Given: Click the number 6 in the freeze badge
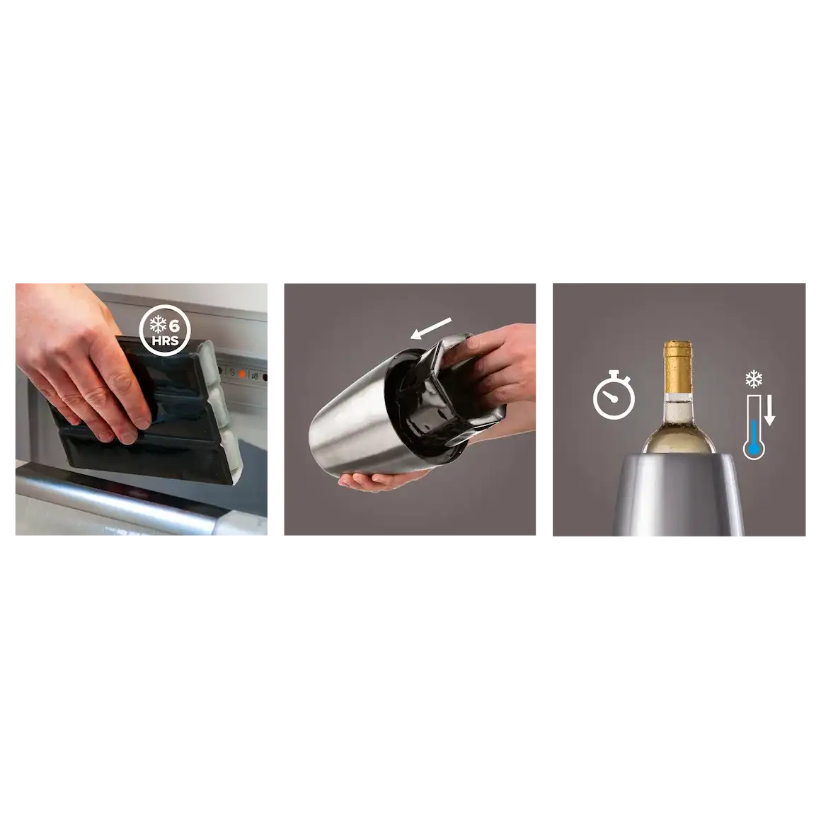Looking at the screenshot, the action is click(x=174, y=326).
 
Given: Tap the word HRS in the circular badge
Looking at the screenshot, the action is click(x=165, y=340).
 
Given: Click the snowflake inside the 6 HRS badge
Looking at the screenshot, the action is click(x=158, y=325).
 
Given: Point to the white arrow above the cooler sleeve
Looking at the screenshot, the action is click(x=431, y=328).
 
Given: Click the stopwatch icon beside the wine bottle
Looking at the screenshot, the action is click(x=614, y=395).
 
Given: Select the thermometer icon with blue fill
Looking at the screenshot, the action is click(x=754, y=427).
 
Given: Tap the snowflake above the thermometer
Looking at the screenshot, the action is click(x=754, y=379).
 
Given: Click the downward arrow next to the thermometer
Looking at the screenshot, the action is click(x=769, y=410).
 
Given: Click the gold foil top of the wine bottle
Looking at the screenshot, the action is click(x=678, y=367).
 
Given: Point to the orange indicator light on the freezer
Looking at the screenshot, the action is click(x=242, y=374).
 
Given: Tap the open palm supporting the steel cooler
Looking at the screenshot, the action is click(x=377, y=480).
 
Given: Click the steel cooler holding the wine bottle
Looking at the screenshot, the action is click(x=679, y=495).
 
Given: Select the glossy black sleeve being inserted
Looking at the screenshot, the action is click(x=450, y=387).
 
